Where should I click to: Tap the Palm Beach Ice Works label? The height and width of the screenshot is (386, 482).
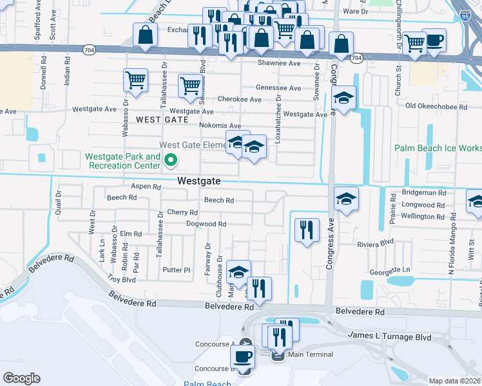coord(438,149)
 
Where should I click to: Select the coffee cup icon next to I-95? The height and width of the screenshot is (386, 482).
coord(434,40)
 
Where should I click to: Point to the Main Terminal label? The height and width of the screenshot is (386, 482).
coord(310,354)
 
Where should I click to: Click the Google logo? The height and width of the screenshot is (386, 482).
coord(21,378)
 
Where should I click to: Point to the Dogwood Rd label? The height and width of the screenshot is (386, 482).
coord(206,224)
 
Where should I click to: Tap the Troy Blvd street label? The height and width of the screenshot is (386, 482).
coord(121,280)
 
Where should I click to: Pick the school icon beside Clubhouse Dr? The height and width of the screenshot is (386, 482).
coord(238,273)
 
